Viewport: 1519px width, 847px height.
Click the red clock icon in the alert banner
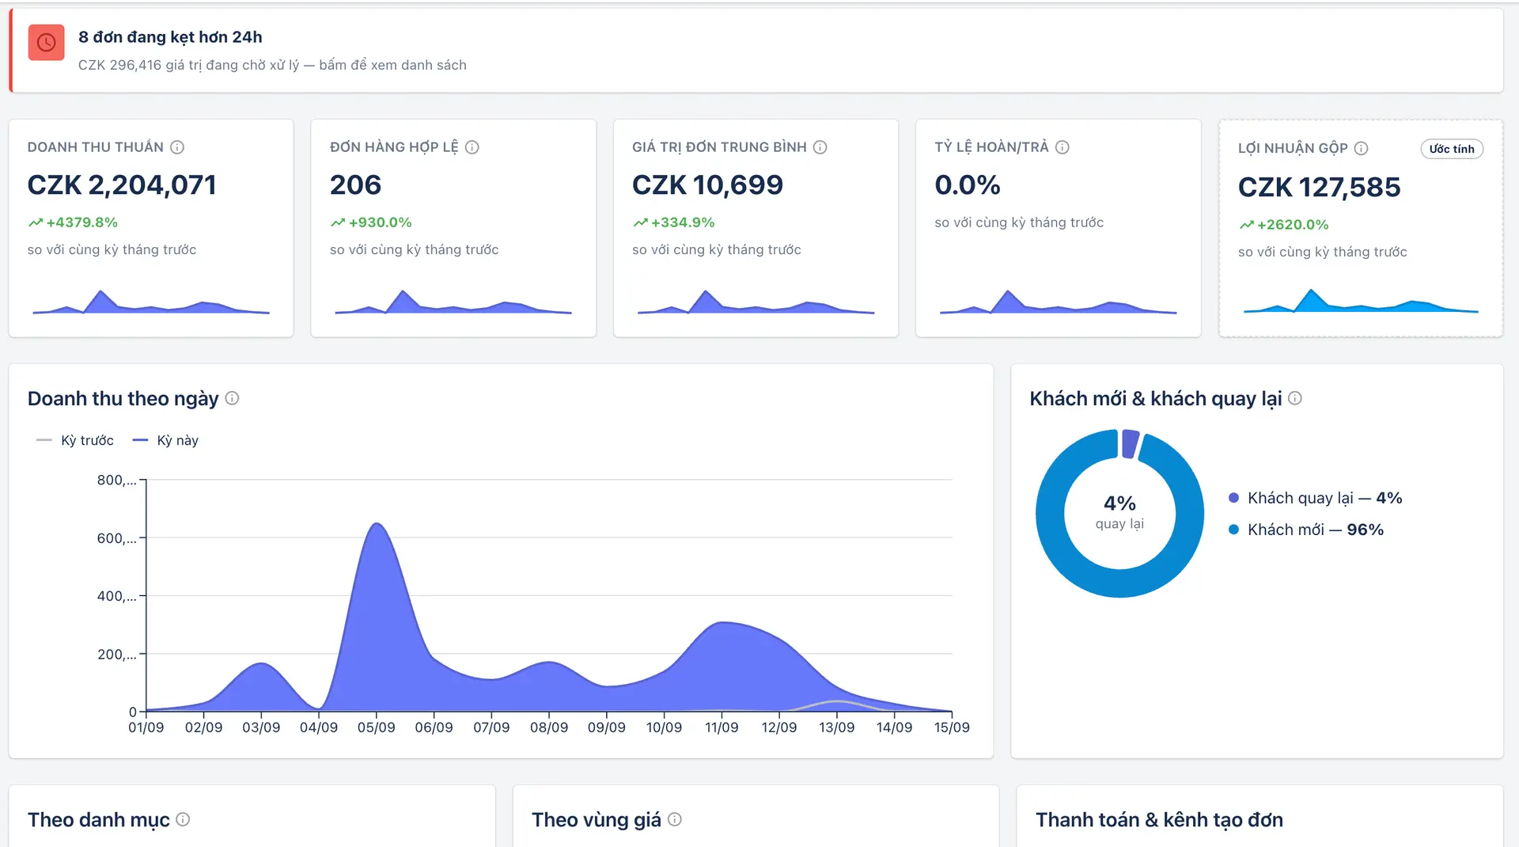(x=46, y=43)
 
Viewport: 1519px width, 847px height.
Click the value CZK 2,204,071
(x=122, y=185)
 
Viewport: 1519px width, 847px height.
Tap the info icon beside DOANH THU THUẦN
(x=177, y=147)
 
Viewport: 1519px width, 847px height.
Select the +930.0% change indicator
(x=371, y=222)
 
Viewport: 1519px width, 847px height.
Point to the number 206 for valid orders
(x=355, y=185)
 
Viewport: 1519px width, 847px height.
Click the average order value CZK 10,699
(x=707, y=185)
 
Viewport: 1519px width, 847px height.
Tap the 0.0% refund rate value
(x=967, y=185)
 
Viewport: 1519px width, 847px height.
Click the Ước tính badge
(x=1452, y=149)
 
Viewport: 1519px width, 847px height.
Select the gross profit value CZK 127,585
(x=1319, y=188)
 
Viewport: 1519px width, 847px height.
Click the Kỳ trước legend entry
(x=75, y=440)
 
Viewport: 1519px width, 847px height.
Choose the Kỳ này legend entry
(x=165, y=440)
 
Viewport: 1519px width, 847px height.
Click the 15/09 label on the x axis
(x=952, y=727)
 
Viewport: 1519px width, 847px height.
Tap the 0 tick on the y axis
(x=133, y=712)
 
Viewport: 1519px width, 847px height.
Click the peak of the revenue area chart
(x=377, y=524)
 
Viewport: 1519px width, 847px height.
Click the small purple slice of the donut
(x=1130, y=443)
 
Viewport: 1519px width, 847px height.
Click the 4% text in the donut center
(x=1119, y=503)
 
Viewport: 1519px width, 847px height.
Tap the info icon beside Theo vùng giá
(x=674, y=819)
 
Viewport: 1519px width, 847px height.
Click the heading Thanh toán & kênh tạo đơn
(x=1159, y=820)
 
